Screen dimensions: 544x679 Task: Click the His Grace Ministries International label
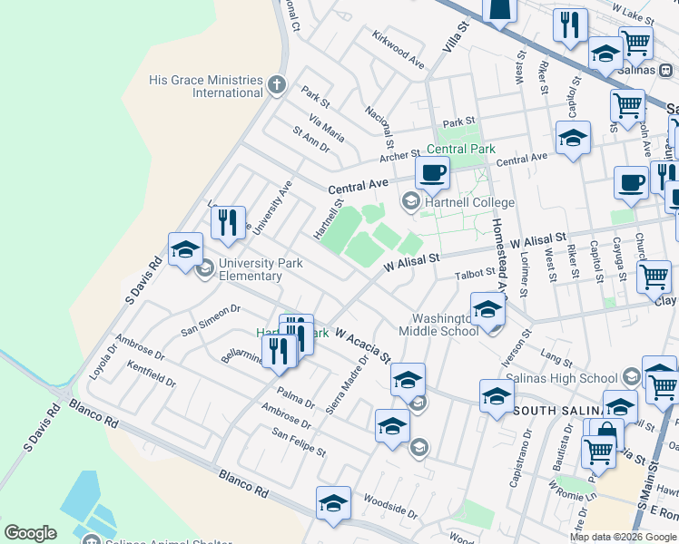pyautogui.click(x=206, y=86)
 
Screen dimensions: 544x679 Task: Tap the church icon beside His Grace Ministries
pyautogui.click(x=278, y=86)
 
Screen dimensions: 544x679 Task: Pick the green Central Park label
pyautogui.click(x=461, y=149)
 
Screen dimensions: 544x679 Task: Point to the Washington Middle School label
pyautogui.click(x=445, y=325)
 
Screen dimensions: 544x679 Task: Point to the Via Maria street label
pyautogui.click(x=326, y=129)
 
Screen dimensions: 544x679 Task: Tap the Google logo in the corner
pyautogui.click(x=30, y=533)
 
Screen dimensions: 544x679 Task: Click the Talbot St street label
pyautogui.click(x=477, y=271)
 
